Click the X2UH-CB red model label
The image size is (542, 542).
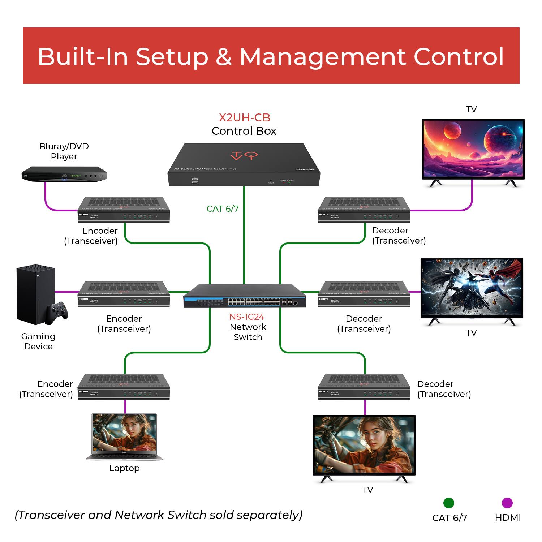coord(244,117)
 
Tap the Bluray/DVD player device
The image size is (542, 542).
coord(64,174)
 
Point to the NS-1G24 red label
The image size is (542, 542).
coord(247,317)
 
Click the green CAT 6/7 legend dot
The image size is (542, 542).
coord(448,503)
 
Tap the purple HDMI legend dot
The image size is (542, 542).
coord(507,503)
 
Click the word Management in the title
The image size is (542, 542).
coord(323,57)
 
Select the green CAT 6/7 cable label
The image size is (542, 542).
coord(223,209)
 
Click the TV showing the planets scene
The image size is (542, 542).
coord(473,149)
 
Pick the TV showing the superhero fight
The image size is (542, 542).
coord(472,288)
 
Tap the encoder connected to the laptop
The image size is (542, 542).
coord(124,387)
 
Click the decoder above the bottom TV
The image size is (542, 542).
coord(364,387)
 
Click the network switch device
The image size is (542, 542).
coord(245,296)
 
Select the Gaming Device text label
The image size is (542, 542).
coord(38,341)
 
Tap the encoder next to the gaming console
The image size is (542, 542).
coord(124,294)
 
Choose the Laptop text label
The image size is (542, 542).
coord(124,468)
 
